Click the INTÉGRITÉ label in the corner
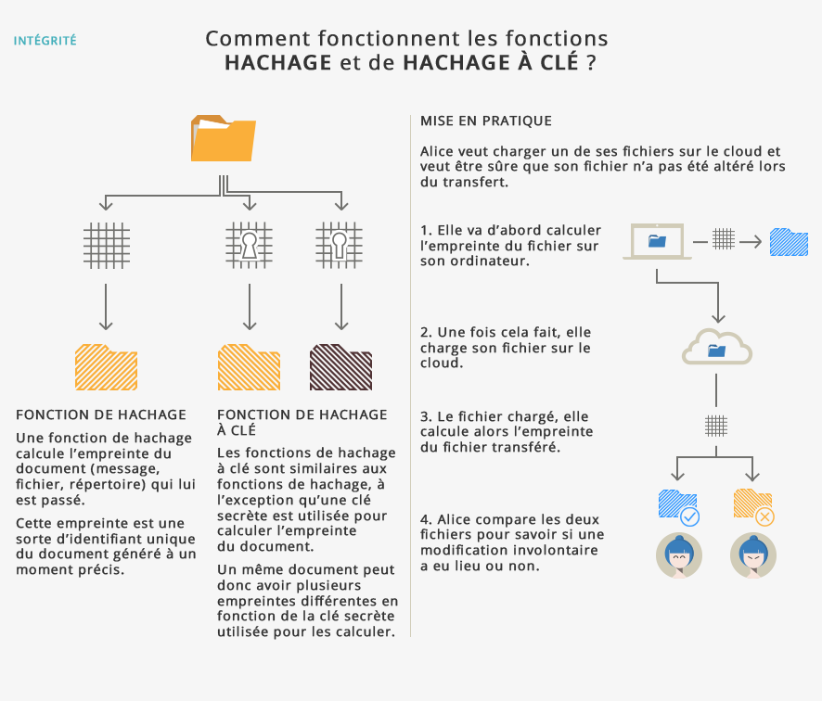click(45, 41)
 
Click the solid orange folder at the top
click(223, 138)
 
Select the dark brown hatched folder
click(340, 367)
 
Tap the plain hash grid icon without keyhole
click(106, 245)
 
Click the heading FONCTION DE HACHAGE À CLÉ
click(301, 423)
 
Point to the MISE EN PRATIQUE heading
click(485, 121)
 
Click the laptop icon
click(657, 242)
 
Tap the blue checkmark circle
click(689, 516)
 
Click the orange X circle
click(764, 516)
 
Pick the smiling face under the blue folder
click(678, 554)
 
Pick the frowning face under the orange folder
click(752, 554)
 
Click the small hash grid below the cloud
click(715, 426)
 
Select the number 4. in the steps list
click(425, 519)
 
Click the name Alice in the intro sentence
click(439, 151)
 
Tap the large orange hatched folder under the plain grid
click(106, 367)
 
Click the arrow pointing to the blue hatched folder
click(751, 242)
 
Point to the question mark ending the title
click(592, 63)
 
